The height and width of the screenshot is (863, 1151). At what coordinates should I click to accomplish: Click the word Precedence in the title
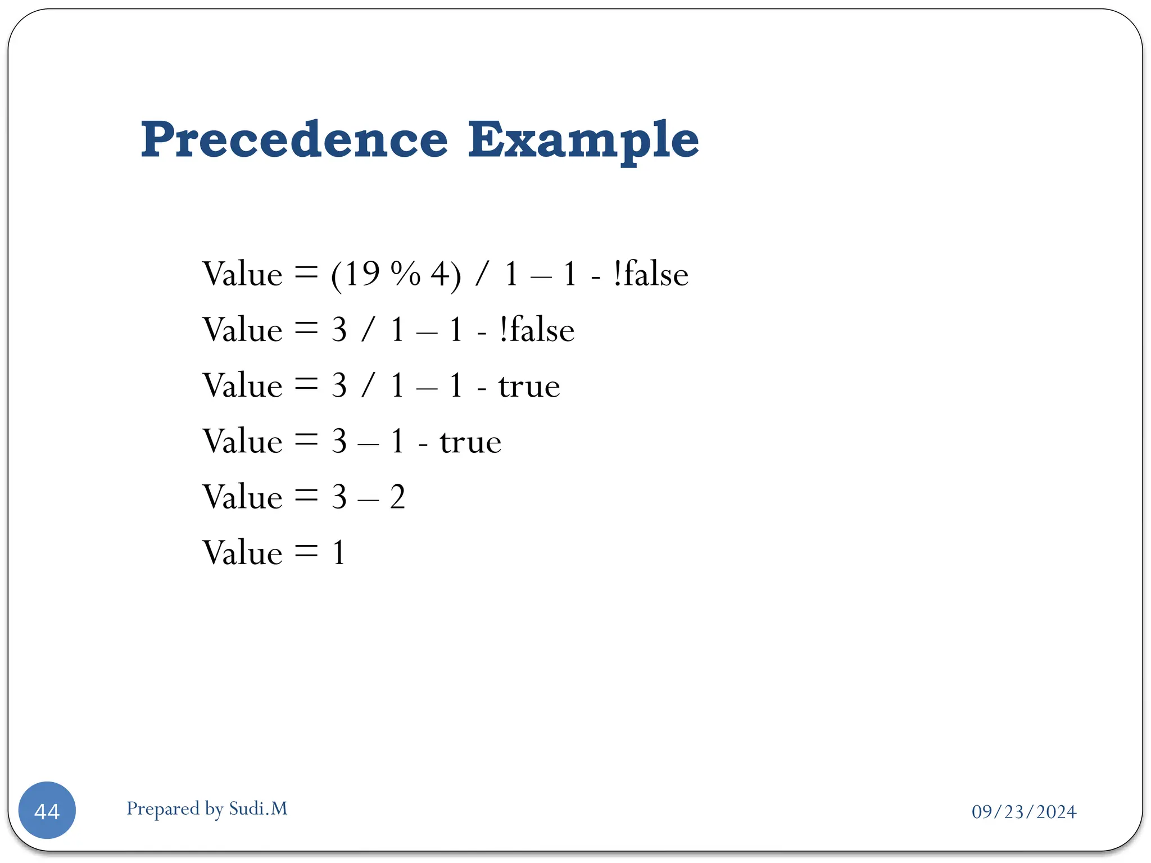click(294, 140)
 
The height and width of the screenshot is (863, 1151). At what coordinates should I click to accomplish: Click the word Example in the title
click(583, 140)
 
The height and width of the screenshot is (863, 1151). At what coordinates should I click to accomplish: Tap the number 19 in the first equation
click(362, 274)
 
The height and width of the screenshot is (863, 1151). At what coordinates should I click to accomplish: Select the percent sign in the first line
click(405, 274)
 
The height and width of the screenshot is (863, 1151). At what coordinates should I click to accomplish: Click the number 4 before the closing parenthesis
click(439, 274)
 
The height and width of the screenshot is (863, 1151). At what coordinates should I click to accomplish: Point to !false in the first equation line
click(651, 274)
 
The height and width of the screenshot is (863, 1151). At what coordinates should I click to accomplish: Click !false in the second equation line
click(537, 330)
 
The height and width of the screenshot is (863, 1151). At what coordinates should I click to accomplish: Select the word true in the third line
click(529, 386)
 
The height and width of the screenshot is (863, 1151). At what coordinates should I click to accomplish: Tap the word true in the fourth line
click(470, 442)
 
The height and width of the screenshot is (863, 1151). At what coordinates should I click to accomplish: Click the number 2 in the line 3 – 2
click(397, 497)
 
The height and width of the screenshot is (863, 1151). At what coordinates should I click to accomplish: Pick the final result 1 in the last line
click(338, 553)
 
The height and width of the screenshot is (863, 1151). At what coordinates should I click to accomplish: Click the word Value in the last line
click(242, 553)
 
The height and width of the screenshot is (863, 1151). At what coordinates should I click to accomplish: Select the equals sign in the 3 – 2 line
click(306, 496)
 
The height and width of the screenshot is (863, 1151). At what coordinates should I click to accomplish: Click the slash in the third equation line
click(368, 386)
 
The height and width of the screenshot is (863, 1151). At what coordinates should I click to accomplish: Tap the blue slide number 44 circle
click(47, 810)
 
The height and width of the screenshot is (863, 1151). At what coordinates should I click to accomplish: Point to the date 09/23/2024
click(1023, 812)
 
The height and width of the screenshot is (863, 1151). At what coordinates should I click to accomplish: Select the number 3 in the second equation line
click(339, 330)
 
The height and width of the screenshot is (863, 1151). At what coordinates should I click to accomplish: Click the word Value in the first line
click(242, 274)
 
